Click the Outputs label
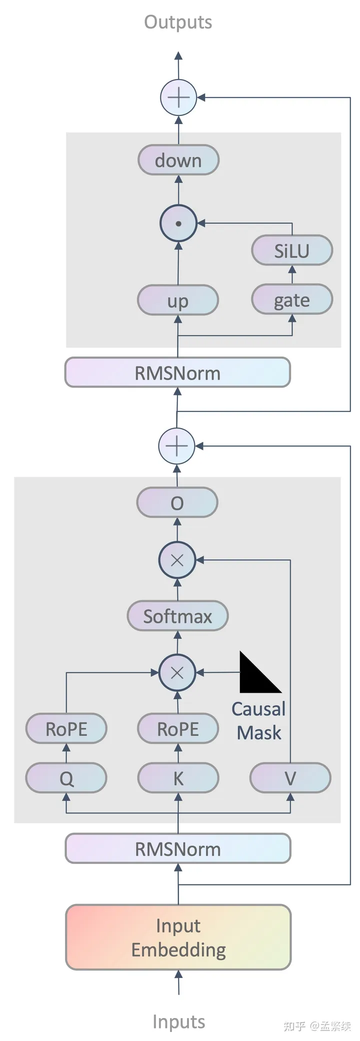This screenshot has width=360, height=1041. pos(178,22)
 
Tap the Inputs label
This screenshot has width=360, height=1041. pos(178,1021)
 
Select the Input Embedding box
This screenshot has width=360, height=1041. pos(178,937)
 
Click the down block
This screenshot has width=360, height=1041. pos(178,160)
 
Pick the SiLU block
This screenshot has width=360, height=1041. pos(292,250)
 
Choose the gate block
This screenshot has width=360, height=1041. pos(292,299)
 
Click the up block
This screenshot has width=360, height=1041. pos(178,300)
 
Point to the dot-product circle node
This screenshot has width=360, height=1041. pos(178,223)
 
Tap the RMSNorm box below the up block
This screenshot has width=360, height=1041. pos(177,372)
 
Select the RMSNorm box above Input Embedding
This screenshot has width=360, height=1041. pos(178,848)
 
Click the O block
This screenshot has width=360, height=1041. pos(177,503)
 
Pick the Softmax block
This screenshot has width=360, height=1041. pos(178,616)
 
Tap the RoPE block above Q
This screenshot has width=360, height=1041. pos(66,729)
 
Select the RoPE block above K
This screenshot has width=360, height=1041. pos(178,729)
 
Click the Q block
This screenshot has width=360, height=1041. pos(66,778)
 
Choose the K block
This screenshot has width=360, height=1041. pos(178,778)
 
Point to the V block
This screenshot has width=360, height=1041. pos(290,778)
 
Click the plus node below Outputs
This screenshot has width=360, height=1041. pos(178,97)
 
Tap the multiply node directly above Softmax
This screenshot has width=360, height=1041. pos(177,560)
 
